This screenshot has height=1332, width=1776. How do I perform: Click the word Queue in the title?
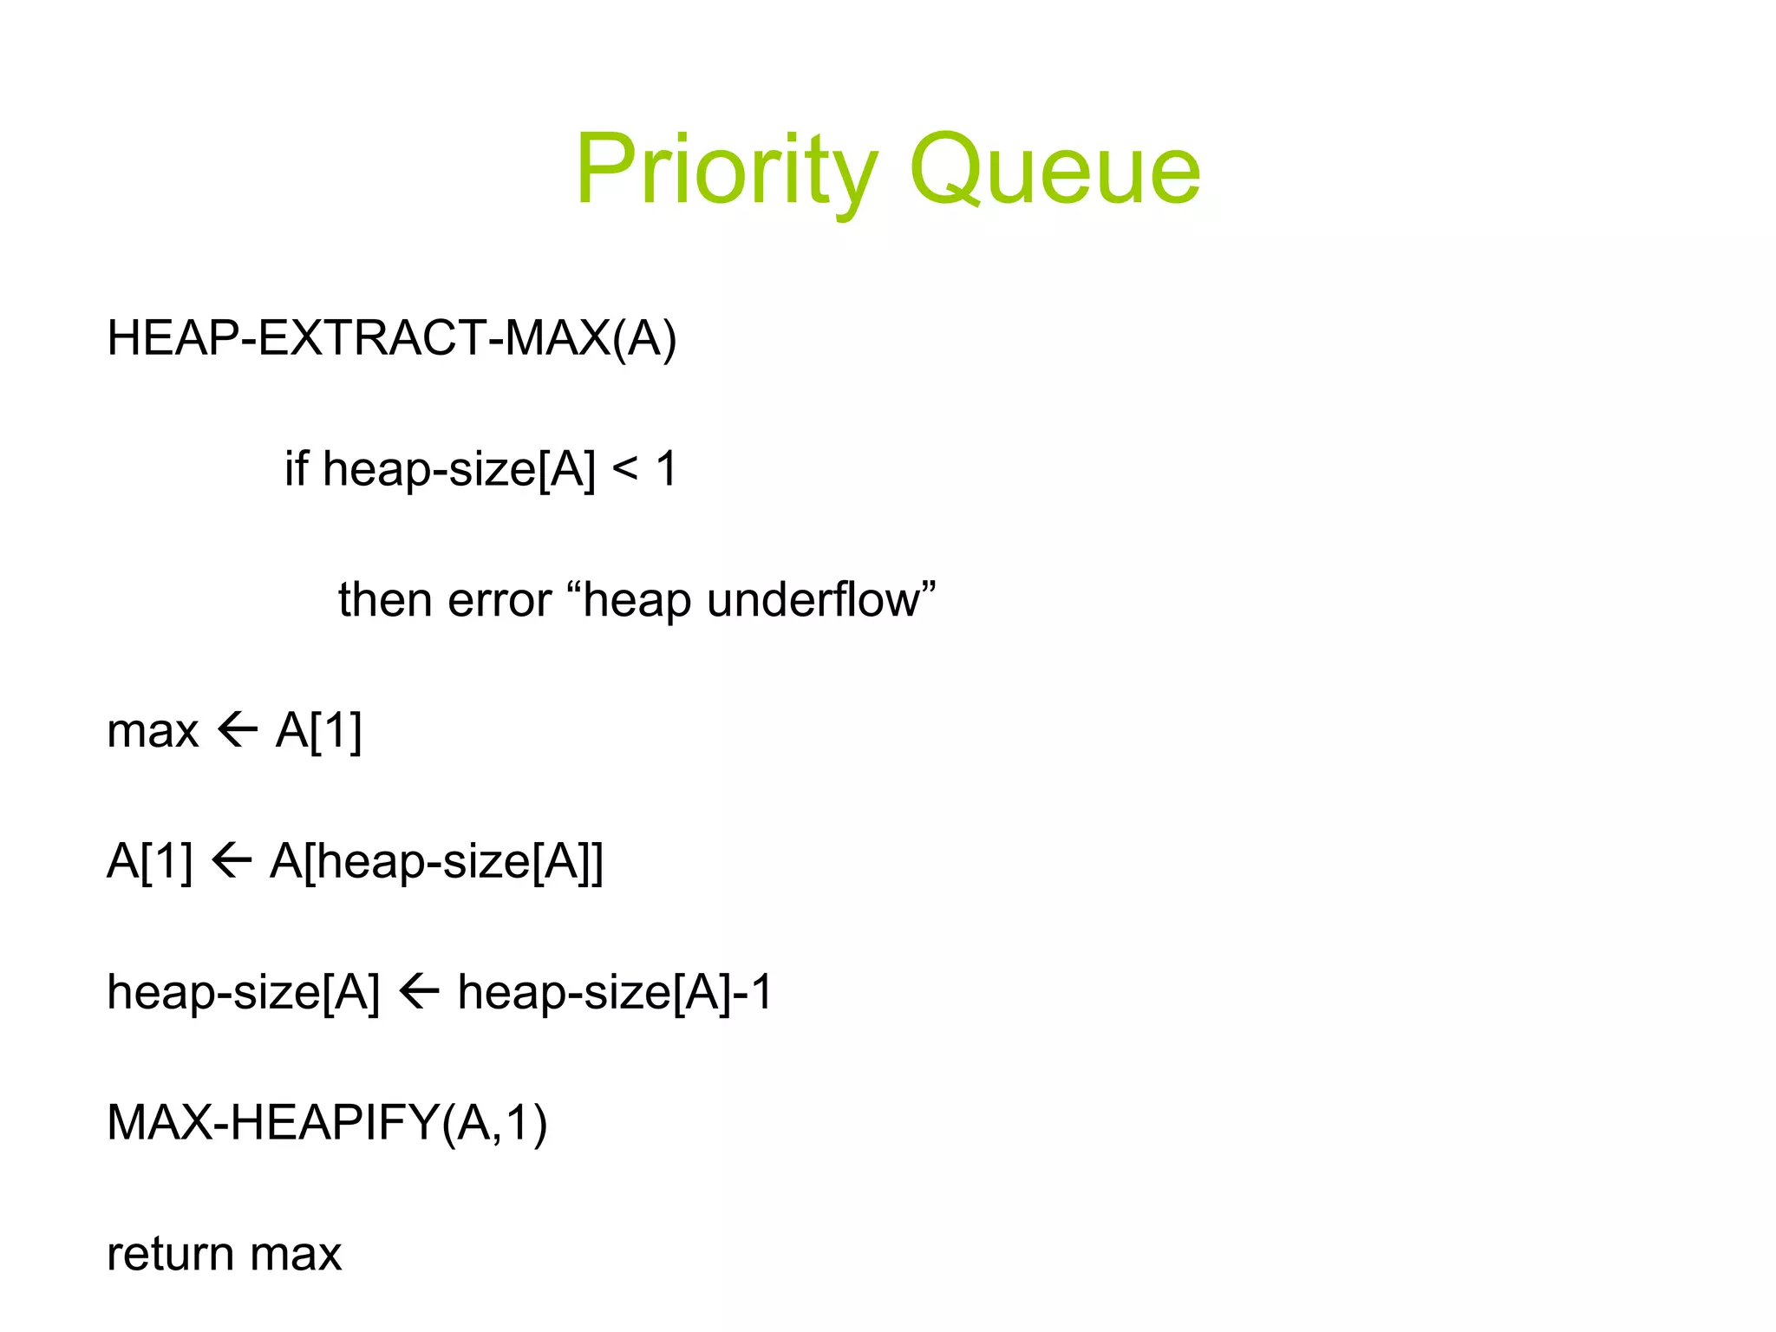[x=1054, y=170]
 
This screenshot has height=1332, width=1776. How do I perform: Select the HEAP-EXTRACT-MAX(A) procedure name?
[x=391, y=338]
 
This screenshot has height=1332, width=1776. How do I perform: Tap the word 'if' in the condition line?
[x=296, y=468]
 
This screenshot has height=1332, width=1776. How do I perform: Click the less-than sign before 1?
[x=624, y=470]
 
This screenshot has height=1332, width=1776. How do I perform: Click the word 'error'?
[x=499, y=600]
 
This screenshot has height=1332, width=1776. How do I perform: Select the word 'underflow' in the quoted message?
[x=813, y=600]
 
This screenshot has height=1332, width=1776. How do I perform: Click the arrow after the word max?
[x=237, y=730]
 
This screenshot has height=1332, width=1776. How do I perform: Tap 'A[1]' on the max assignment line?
[x=318, y=730]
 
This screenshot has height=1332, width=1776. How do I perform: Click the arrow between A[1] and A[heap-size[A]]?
[x=231, y=861]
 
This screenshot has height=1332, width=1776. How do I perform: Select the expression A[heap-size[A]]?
[x=436, y=861]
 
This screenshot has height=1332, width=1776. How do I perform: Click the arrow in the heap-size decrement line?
[x=419, y=992]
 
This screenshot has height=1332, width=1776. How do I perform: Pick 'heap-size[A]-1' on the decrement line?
[x=614, y=992]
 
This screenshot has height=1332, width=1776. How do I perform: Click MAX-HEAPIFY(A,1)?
[x=327, y=1123]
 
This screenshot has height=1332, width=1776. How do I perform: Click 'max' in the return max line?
[x=296, y=1254]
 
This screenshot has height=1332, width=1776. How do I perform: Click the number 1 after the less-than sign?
[x=666, y=468]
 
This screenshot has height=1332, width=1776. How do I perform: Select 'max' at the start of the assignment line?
[x=153, y=730]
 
